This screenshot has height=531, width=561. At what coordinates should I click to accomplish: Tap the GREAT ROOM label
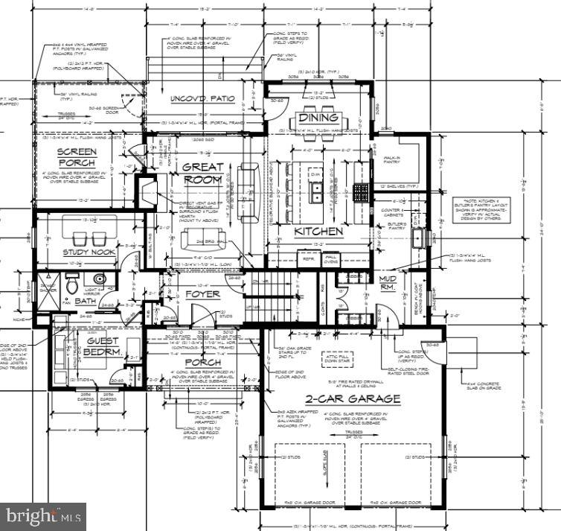pos(202,174)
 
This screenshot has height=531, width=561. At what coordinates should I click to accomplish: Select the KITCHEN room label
pos(318,231)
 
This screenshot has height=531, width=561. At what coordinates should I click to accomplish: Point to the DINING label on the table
pos(319,118)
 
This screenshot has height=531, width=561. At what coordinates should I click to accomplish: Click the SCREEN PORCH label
pos(77,156)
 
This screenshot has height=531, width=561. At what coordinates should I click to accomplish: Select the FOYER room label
pos(202,293)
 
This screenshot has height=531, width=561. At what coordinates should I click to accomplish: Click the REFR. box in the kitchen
pos(307,259)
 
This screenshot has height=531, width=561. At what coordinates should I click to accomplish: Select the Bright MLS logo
pos(43,515)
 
